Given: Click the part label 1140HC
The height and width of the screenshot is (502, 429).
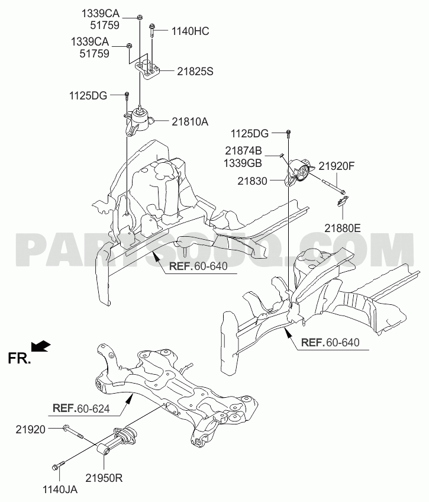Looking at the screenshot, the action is [x=190, y=31].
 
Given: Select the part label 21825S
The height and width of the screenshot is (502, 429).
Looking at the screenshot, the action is [x=195, y=72].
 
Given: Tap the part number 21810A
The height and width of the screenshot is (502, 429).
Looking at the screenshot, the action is [x=190, y=122].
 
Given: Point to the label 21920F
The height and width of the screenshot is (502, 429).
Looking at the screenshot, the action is [x=336, y=166].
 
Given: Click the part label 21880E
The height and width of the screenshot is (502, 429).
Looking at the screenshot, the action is [x=343, y=229].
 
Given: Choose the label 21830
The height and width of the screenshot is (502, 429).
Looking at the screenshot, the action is [x=252, y=181].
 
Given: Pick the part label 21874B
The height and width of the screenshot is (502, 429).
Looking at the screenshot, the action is [x=243, y=150].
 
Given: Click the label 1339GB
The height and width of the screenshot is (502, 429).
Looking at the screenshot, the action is [x=243, y=163].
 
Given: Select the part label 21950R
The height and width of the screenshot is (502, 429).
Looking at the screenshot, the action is [x=104, y=478].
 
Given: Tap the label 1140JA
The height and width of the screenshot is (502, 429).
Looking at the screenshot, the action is [x=60, y=490].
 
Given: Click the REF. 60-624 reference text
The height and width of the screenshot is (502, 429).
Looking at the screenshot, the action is [x=81, y=408].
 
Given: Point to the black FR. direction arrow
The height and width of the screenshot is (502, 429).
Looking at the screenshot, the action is [x=41, y=346].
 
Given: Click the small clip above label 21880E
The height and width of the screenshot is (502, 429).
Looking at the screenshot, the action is [x=341, y=201].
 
